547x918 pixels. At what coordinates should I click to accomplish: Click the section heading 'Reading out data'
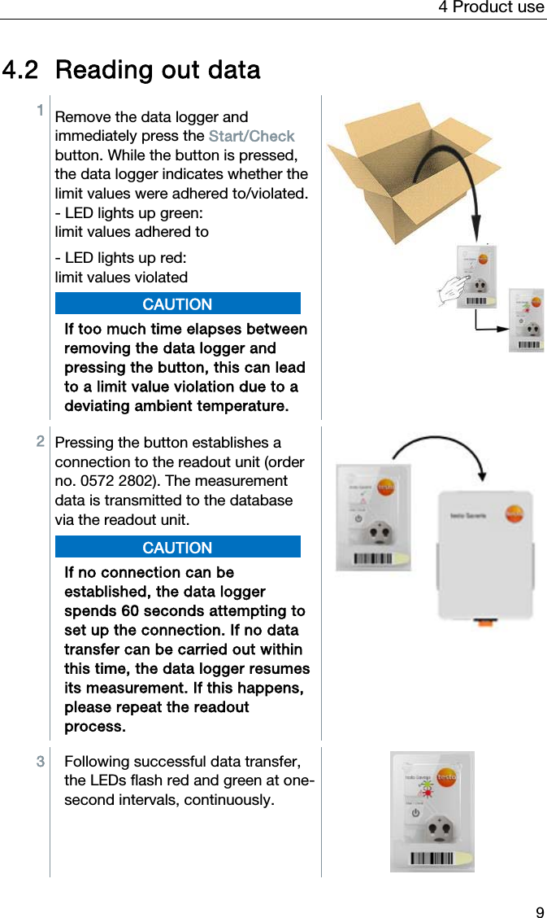click(158, 70)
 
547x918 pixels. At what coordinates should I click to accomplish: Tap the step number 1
click(39, 109)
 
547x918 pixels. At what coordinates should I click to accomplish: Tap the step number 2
click(40, 441)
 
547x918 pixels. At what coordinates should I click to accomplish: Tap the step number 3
click(40, 762)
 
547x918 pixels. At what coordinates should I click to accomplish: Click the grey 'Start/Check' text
click(251, 136)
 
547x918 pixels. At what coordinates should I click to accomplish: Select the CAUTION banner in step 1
click(177, 304)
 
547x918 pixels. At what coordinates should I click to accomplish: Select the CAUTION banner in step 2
click(177, 548)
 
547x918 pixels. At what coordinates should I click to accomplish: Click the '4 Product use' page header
click(491, 7)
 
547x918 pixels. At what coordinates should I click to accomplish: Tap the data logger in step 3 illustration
click(432, 811)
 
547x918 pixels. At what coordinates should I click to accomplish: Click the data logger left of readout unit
click(373, 518)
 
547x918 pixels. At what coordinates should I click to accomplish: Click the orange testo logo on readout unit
click(514, 514)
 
